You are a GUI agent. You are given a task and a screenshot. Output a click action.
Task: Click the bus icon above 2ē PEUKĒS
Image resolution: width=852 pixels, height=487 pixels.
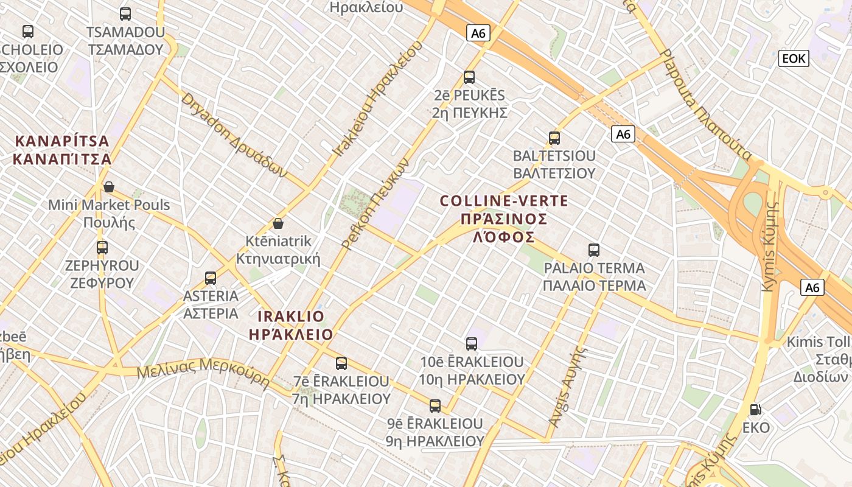pyautogui.click(x=469, y=77)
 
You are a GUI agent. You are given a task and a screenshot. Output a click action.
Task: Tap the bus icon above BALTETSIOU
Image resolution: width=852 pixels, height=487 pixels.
pyautogui.click(x=554, y=138)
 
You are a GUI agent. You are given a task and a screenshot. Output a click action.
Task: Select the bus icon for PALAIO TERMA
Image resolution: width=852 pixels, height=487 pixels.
pyautogui.click(x=594, y=250)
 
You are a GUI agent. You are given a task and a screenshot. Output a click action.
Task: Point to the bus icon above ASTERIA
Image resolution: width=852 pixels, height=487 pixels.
pyautogui.click(x=211, y=278)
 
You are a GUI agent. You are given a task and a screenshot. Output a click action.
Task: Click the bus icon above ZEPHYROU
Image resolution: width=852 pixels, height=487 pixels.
pyautogui.click(x=102, y=248)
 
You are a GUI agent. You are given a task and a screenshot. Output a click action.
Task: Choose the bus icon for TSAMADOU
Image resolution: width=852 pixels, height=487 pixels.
pyautogui.click(x=125, y=14)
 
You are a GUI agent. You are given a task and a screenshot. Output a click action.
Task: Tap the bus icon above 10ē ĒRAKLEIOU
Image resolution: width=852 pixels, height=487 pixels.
pyautogui.click(x=472, y=344)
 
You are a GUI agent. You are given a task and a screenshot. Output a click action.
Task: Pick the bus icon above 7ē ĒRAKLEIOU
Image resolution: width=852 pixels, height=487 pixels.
pyautogui.click(x=341, y=363)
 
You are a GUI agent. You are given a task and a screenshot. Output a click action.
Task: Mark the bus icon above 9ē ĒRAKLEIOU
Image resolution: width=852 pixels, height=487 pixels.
pyautogui.click(x=435, y=406)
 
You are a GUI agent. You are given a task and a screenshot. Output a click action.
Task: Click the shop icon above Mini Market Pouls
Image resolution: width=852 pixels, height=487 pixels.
pyautogui.click(x=109, y=187)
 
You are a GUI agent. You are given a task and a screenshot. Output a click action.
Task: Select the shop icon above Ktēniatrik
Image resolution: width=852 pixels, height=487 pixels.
pyautogui.click(x=278, y=223)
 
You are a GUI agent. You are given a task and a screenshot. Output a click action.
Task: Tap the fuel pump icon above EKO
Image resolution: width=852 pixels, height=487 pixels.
pyautogui.click(x=755, y=410)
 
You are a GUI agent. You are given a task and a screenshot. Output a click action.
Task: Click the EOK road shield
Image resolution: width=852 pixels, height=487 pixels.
pyautogui.click(x=794, y=58)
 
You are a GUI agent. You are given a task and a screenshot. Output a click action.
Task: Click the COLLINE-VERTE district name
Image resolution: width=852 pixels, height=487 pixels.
pyautogui.click(x=504, y=201)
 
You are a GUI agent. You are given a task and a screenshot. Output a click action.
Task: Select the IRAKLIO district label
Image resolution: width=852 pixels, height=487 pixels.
pyautogui.click(x=291, y=317)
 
